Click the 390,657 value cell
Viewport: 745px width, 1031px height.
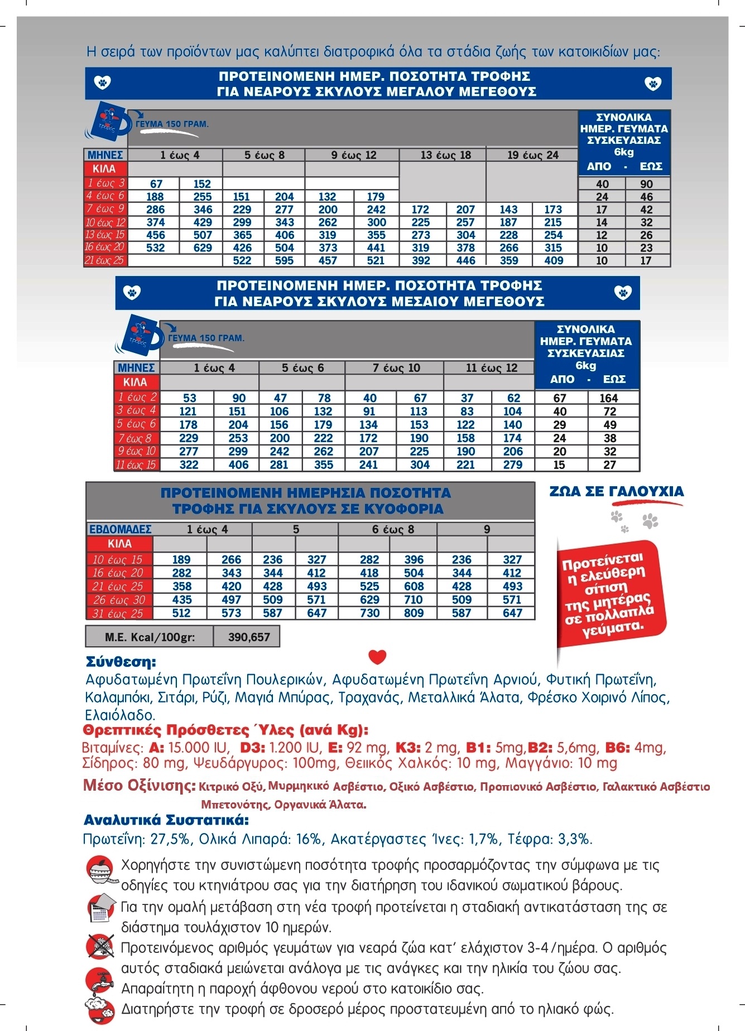pos(248,637)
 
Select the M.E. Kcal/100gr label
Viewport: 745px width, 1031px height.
pos(150,637)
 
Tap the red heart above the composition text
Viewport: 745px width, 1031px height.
pos(378,657)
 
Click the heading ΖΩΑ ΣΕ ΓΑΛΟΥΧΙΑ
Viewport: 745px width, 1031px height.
pos(616,491)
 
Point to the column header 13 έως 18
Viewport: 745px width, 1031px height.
pos(445,155)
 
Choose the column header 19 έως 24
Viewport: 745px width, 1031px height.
pos(532,155)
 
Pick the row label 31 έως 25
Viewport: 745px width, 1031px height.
pos(118,613)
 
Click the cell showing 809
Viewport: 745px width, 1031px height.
pos(414,613)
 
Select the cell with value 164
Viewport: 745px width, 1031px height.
pos(609,398)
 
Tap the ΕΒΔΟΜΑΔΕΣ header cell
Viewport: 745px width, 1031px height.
pos(120,529)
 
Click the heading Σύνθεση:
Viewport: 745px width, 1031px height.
pos(121,662)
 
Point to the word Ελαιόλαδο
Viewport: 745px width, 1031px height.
pos(120,715)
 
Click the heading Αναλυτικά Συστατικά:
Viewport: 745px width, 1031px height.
pos(166,820)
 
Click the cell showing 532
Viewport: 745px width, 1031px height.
pos(155,248)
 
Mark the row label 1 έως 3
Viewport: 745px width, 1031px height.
pos(105,183)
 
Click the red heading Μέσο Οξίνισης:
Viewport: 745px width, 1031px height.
pos(139,786)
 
